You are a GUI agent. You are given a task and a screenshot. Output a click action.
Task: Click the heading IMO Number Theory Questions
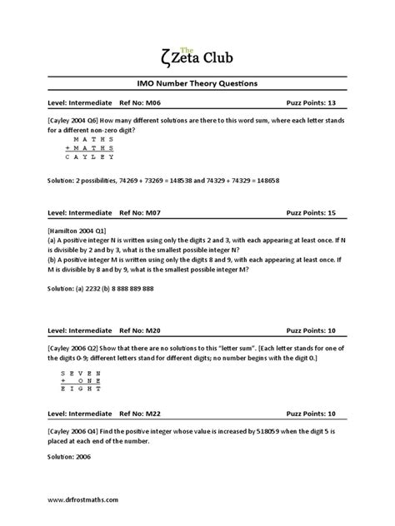[x=197, y=83]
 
